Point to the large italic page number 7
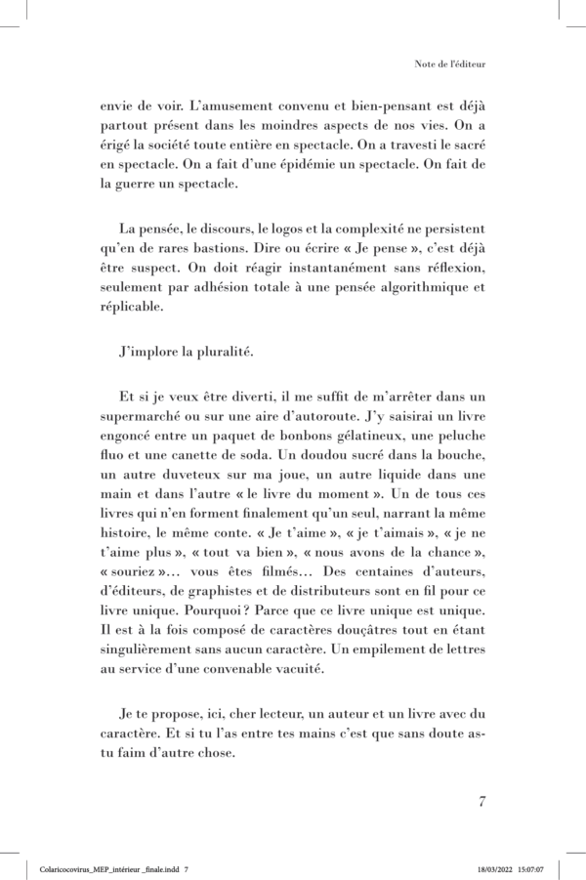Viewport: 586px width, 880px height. [x=481, y=802]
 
